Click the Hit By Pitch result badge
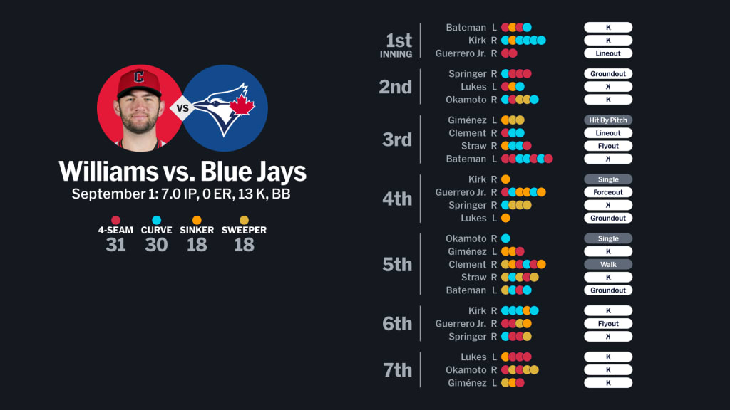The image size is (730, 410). point(608,120)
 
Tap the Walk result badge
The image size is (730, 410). point(608,265)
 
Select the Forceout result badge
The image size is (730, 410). point(608,192)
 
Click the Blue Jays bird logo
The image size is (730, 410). point(224,109)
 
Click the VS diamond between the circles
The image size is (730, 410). point(182,108)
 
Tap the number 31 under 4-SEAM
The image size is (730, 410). point(115,245)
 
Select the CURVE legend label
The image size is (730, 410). point(156,230)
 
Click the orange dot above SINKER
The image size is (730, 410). point(197,220)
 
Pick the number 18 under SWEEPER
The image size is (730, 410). point(244,245)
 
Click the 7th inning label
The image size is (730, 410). point(397,370)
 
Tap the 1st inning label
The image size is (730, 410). point(396,45)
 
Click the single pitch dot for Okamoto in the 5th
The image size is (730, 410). point(505,238)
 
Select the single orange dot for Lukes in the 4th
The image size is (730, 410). point(505,218)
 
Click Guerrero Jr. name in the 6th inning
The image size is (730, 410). point(461,324)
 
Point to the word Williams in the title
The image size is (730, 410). point(108,172)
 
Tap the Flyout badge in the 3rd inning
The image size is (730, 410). point(608,146)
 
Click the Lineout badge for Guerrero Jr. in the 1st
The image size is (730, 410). point(608,53)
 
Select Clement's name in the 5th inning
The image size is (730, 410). point(468,265)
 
